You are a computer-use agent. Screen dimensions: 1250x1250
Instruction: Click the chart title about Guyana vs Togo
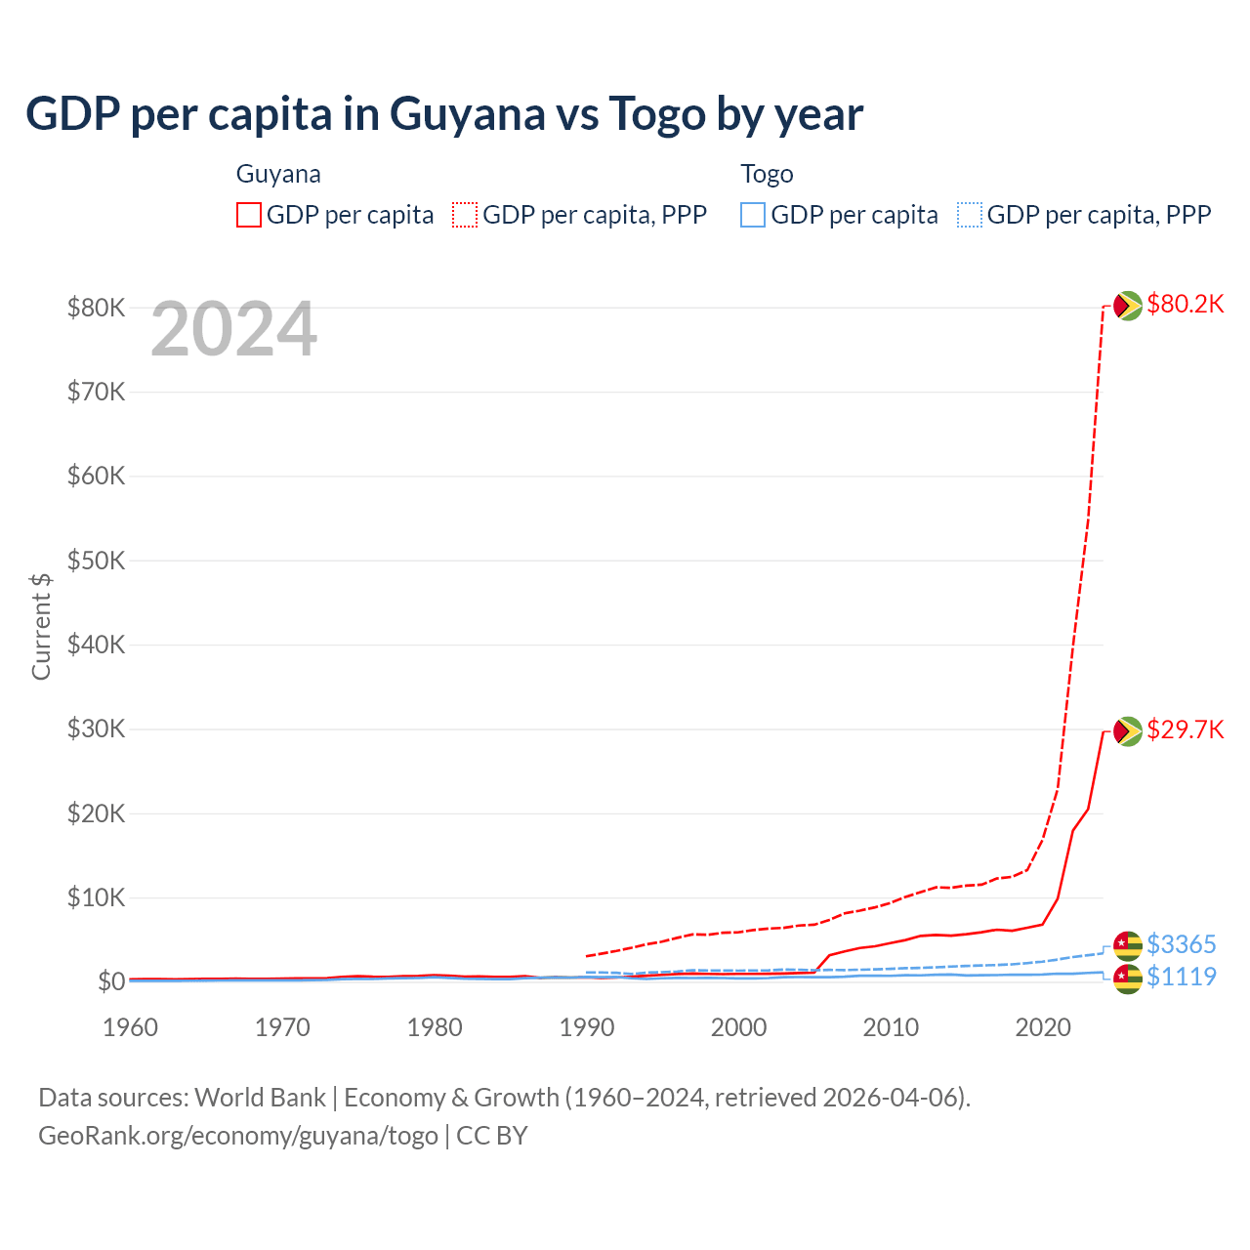(x=444, y=114)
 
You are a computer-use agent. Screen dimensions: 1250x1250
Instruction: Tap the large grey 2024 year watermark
(x=233, y=330)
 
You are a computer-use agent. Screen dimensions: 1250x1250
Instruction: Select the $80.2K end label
(x=1185, y=305)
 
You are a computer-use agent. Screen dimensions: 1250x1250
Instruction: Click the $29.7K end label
(x=1185, y=730)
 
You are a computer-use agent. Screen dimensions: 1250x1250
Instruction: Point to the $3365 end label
(x=1181, y=944)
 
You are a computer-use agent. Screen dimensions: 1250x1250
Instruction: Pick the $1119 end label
(x=1181, y=977)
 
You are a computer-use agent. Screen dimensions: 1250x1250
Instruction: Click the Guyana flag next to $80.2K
(x=1128, y=306)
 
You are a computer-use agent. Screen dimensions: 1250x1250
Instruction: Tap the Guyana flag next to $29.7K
(x=1128, y=730)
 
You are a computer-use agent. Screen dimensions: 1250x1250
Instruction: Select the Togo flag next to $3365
(x=1128, y=945)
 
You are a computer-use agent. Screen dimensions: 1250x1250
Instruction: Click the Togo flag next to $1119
(x=1128, y=979)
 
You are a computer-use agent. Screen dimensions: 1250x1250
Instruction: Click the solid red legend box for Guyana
(x=249, y=215)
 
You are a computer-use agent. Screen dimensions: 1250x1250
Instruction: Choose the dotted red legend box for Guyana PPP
(x=465, y=215)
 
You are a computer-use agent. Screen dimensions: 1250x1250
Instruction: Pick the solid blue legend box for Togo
(x=753, y=215)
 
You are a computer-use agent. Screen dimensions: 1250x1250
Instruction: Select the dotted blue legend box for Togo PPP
(x=970, y=215)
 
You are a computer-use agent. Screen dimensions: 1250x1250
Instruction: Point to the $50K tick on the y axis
(x=96, y=561)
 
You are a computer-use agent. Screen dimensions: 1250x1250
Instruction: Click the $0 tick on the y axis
(x=111, y=981)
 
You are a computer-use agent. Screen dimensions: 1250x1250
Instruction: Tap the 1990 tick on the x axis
(x=587, y=1027)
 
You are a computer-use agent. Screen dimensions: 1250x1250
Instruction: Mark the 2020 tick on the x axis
(x=1043, y=1027)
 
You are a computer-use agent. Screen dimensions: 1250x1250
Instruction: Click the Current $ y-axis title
(x=41, y=626)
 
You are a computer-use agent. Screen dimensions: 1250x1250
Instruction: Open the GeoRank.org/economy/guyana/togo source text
(x=238, y=1136)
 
